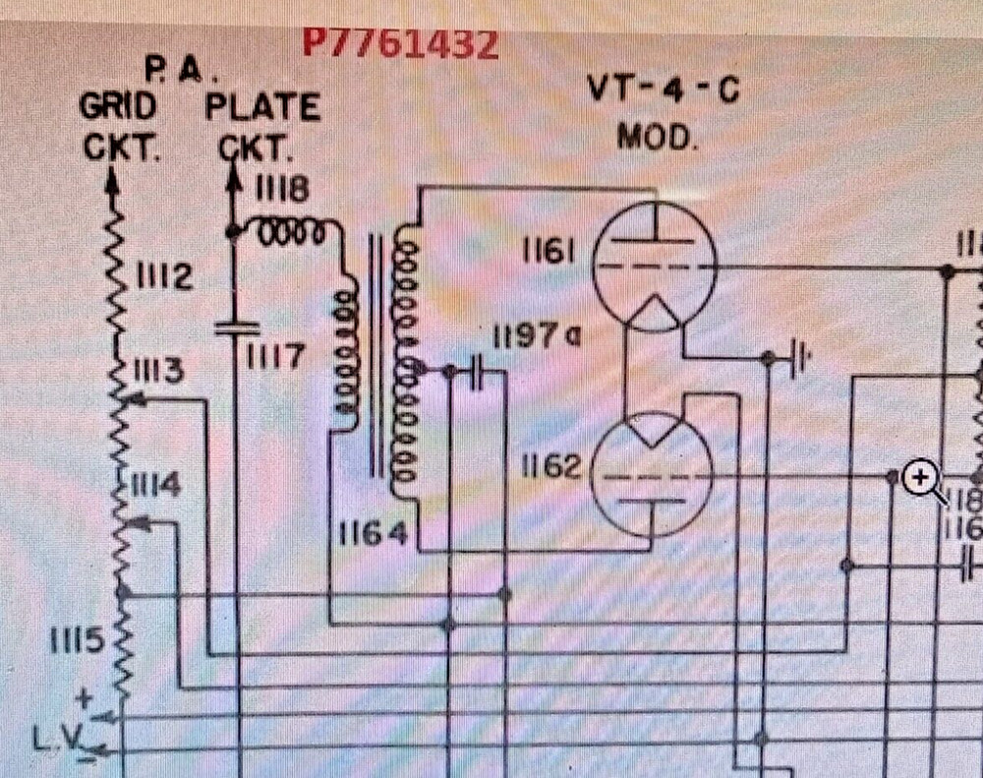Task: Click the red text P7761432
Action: point(399,44)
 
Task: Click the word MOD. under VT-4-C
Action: point(656,136)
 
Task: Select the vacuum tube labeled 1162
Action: point(654,474)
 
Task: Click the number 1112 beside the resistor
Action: point(162,279)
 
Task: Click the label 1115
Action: point(77,641)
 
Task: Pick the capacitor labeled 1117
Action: point(236,329)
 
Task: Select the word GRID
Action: point(117,106)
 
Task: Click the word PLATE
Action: point(262,106)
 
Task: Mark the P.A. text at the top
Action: point(182,70)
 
